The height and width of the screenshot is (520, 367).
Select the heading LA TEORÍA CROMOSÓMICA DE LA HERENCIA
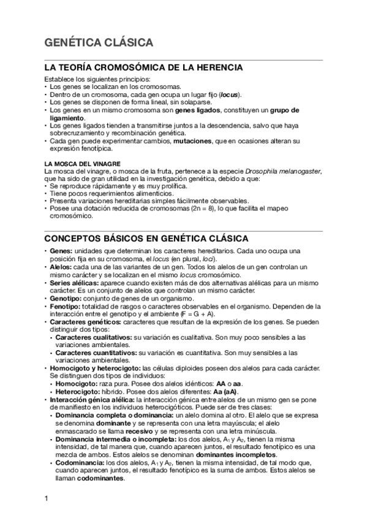click(x=143, y=67)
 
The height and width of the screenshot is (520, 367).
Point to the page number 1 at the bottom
click(x=47, y=497)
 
